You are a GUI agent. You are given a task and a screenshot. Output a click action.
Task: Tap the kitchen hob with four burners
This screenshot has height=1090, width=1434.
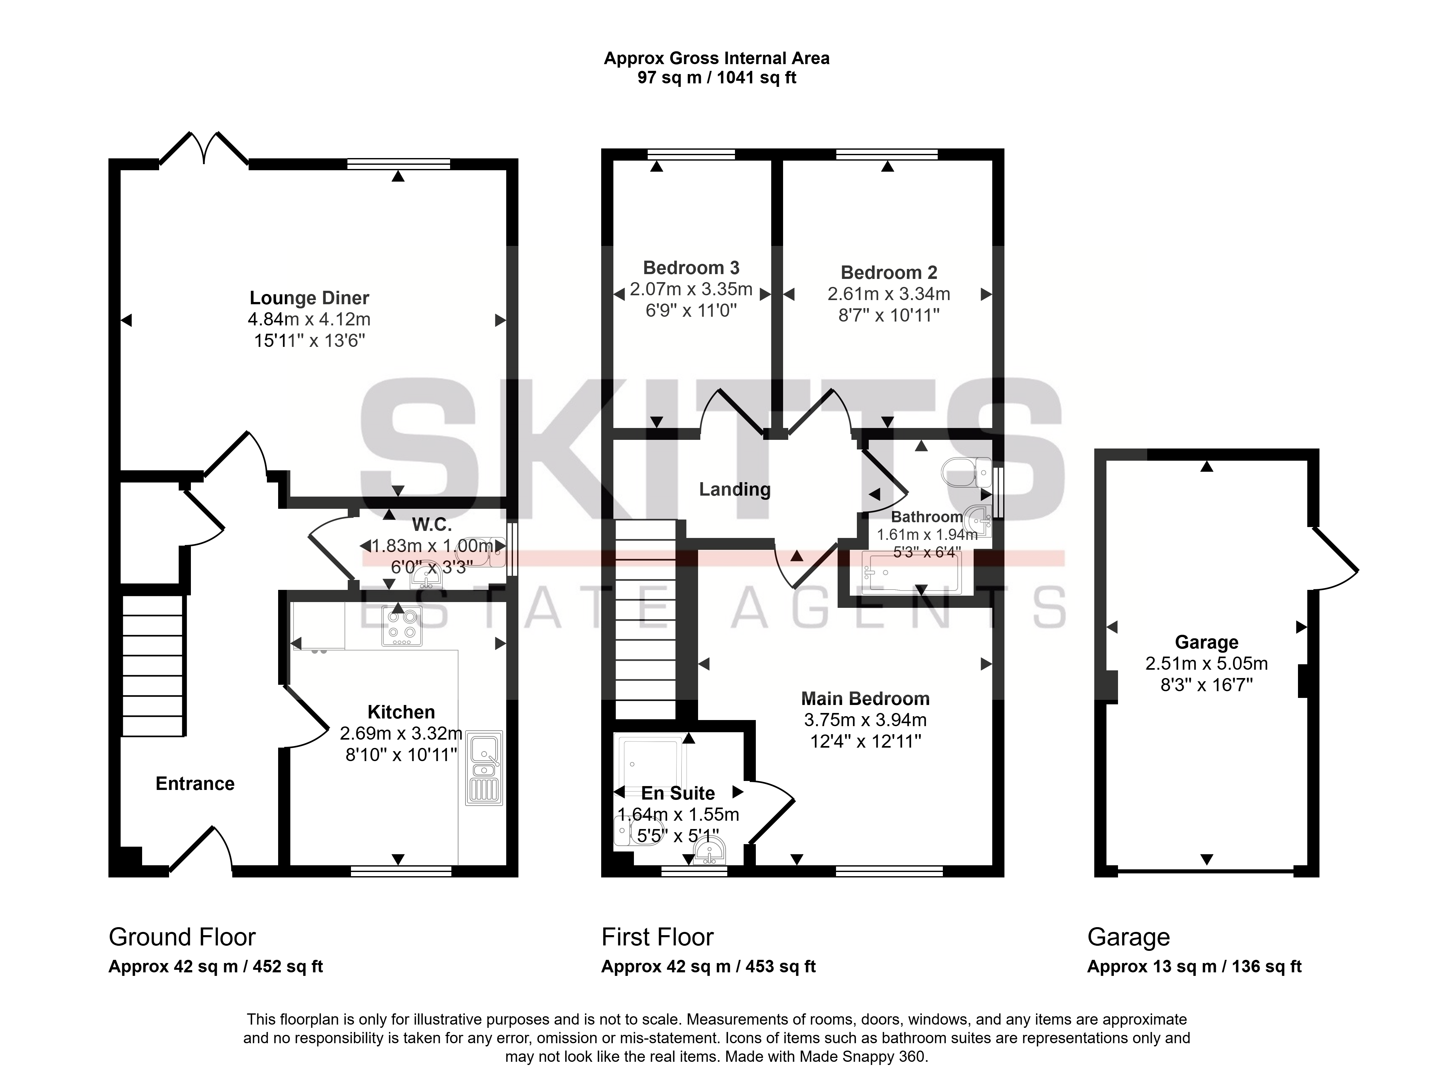402,626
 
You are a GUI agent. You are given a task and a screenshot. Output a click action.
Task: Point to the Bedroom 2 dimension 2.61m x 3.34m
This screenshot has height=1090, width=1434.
889,294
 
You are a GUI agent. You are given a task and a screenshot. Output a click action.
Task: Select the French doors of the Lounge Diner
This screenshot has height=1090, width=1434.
204,148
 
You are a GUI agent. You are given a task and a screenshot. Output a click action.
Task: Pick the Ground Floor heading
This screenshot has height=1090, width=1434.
183,937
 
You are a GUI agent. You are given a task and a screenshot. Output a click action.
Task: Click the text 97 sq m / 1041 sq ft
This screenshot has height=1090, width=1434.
717,78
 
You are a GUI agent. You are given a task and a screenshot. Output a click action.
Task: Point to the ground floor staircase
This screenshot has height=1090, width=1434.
153,666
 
